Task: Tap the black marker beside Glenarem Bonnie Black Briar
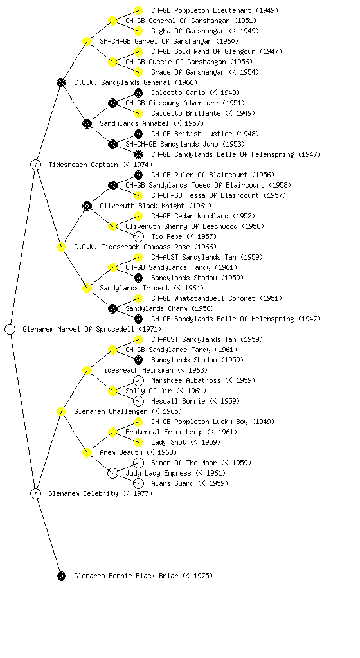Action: (x=61, y=576)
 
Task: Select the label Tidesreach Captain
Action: (x=83, y=165)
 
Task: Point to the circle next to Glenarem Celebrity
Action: (x=35, y=493)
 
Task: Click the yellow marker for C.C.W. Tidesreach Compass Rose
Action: (x=61, y=247)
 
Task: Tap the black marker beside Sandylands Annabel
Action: (x=87, y=123)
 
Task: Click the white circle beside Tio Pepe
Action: (x=138, y=236)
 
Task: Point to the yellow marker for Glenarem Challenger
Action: (x=61, y=411)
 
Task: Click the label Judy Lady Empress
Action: (x=159, y=474)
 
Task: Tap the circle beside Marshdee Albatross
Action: (x=138, y=380)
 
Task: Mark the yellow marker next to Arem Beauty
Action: (x=87, y=452)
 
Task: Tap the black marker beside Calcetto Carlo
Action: (x=138, y=93)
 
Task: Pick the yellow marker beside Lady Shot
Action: (x=138, y=442)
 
